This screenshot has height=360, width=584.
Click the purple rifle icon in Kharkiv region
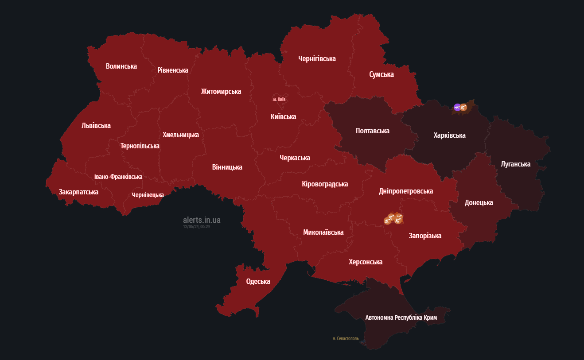pyautogui.click(x=457, y=107)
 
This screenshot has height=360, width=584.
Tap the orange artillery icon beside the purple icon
pyautogui.click(x=463, y=107)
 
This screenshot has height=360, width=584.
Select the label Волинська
pyautogui.click(x=121, y=66)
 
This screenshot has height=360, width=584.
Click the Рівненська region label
pyautogui.click(x=172, y=70)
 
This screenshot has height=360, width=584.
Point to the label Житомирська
pyautogui.click(x=221, y=91)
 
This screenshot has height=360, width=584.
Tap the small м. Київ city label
pyautogui.click(x=279, y=99)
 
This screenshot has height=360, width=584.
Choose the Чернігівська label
pyautogui.click(x=317, y=58)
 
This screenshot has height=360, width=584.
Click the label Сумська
pyautogui.click(x=381, y=74)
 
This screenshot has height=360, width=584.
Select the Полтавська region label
pyautogui.click(x=372, y=131)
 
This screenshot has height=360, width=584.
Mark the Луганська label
pyautogui.click(x=515, y=164)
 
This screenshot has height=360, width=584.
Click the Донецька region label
pyautogui.click(x=479, y=203)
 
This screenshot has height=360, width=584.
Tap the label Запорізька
pyautogui.click(x=425, y=236)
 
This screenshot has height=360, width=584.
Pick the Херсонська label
pyautogui.click(x=365, y=262)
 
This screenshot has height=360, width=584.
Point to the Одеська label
pyautogui.click(x=258, y=281)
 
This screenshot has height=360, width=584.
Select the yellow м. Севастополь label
pyautogui.click(x=346, y=338)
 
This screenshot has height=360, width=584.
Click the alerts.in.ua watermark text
pyautogui.click(x=202, y=220)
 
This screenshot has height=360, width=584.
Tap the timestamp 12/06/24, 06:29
pyautogui.click(x=196, y=226)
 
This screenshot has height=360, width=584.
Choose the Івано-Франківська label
pyautogui.click(x=118, y=177)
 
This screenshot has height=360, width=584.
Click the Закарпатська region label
pyautogui.click(x=78, y=192)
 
